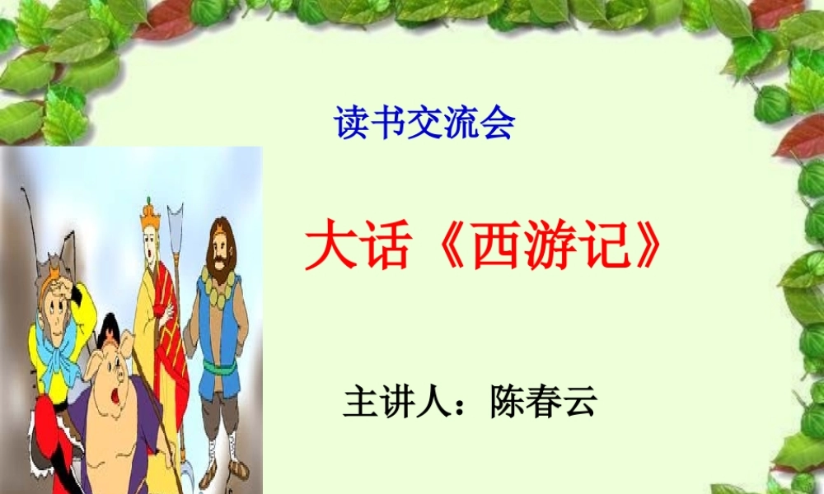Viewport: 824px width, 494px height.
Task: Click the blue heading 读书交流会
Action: pyautogui.click(x=424, y=123)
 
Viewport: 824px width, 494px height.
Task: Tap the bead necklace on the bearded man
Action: pyautogui.click(x=216, y=287)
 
